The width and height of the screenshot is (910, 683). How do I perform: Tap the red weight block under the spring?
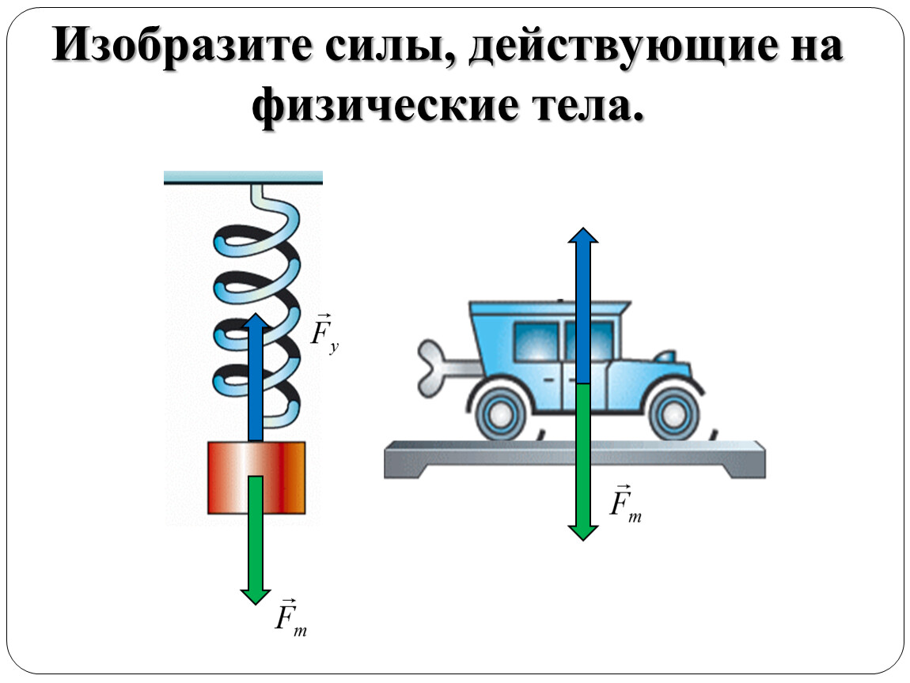pos(256,477)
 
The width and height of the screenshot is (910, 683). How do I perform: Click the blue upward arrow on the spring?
pos(256,377)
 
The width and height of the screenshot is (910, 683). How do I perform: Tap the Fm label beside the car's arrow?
pos(625,504)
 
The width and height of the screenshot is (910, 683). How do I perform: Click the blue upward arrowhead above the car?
pos(582,236)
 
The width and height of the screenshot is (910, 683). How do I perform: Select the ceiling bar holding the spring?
pos(243,177)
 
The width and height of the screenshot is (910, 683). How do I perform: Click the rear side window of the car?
pos(537,341)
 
